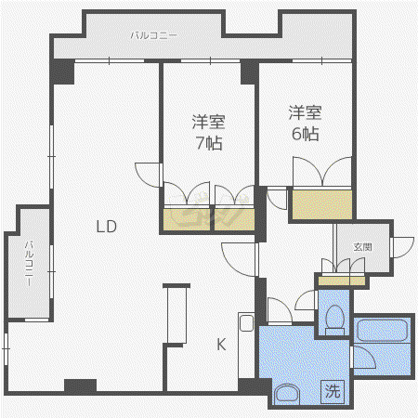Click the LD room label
[107, 227]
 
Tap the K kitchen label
[221, 344]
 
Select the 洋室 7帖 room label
[208, 132]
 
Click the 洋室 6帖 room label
[306, 123]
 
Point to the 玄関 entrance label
[362, 247]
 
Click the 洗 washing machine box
[333, 391]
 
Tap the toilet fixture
[335, 320]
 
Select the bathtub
[382, 330]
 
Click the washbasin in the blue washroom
[288, 394]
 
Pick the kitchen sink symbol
[246, 323]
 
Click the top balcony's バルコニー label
[153, 35]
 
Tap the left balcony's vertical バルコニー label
[29, 263]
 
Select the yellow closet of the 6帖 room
[322, 204]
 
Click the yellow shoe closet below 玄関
[342, 281]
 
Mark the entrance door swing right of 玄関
[402, 247]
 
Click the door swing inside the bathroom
[365, 357]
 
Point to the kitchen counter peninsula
[176, 313]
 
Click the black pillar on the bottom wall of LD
[80, 385]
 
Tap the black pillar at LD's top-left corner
[63, 72]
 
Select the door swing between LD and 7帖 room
[148, 176]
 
